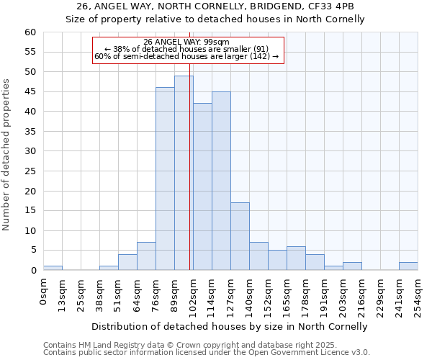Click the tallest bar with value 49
184,173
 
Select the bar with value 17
240,236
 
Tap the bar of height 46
165,179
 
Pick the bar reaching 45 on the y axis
221,181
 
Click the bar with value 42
202,186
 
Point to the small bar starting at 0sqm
53,268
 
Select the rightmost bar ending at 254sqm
408,266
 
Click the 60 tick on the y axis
30,32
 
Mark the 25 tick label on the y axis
30,171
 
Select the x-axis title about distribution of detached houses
230,326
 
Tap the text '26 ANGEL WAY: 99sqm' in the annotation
186,42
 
